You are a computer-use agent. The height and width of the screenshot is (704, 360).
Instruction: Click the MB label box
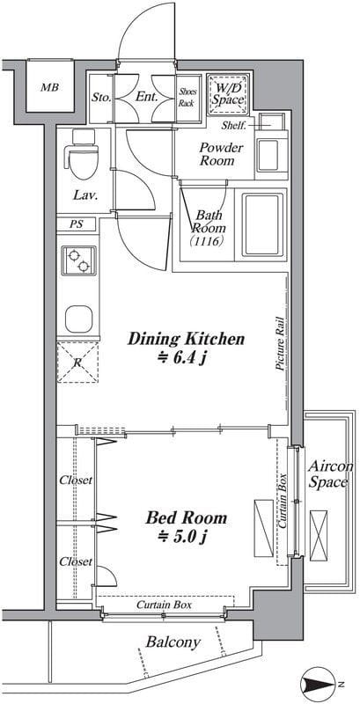50,85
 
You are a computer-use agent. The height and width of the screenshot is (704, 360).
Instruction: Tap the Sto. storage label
101,97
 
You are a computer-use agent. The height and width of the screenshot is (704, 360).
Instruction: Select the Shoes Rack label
187,98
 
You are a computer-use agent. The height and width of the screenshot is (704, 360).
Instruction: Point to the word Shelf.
234,125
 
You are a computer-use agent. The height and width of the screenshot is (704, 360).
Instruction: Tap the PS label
77,224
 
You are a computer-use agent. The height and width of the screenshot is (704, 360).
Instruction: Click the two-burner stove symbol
78,260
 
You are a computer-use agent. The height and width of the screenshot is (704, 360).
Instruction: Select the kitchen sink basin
78,319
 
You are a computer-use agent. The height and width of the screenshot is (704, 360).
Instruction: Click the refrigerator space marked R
77,362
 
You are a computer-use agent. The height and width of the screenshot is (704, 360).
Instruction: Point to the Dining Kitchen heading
187,339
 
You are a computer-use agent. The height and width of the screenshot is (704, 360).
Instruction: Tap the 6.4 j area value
183,358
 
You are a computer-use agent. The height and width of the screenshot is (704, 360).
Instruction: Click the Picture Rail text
281,342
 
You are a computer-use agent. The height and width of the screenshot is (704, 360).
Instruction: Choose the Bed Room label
187,518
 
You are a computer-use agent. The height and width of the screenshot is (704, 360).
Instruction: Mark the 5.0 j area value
183,536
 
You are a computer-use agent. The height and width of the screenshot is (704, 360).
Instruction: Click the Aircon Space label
328,474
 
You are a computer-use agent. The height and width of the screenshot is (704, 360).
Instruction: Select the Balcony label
173,642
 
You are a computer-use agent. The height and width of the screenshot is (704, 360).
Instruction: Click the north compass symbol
320,685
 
